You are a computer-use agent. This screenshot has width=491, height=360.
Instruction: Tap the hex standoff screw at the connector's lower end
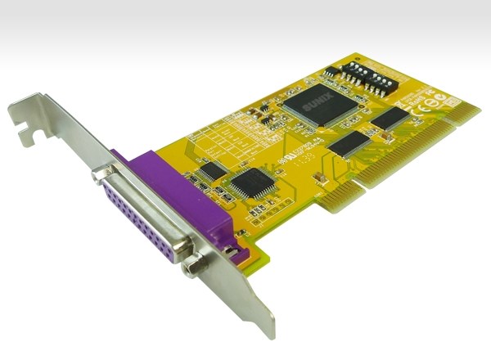click(193, 265)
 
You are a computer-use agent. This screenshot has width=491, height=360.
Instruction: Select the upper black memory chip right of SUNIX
click(389, 119)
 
